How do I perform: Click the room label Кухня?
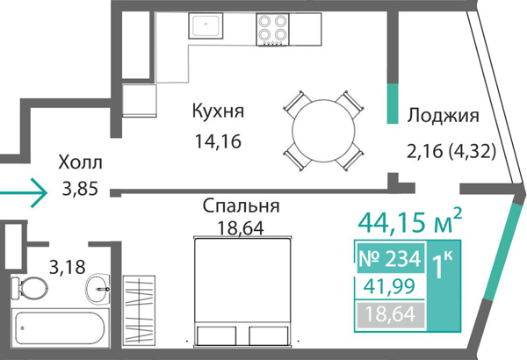click(218, 112)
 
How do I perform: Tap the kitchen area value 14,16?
click(218, 140)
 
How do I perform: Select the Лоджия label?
click(442, 115)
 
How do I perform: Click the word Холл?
click(80, 162)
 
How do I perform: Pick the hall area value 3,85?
click(80, 187)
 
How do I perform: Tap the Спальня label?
click(241, 207)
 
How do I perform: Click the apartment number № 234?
click(391, 260)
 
